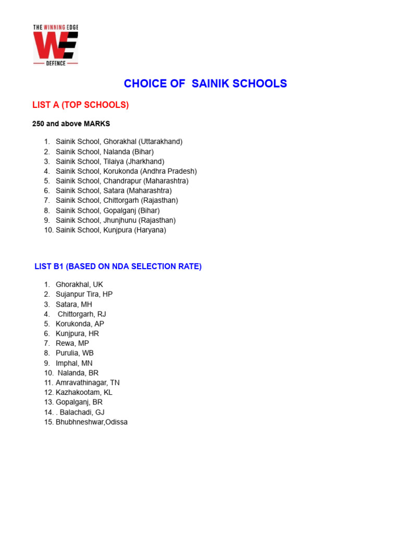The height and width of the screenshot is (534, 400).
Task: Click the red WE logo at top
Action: point(55,45)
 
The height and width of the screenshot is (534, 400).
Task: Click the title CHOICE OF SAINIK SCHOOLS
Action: point(205,83)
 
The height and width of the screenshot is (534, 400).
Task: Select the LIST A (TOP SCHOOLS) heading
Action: point(80,105)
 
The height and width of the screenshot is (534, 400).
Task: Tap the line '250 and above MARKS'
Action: point(71,124)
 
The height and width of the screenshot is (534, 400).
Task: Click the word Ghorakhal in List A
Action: point(120,141)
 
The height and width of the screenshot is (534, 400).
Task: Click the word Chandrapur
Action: point(122,181)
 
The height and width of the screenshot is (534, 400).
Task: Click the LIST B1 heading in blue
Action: point(118,266)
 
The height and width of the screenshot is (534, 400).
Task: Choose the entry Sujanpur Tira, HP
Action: point(84,294)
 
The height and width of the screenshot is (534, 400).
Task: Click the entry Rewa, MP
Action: point(72,343)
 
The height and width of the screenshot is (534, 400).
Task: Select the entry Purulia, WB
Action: point(74,353)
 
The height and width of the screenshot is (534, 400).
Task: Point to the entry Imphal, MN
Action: point(74,363)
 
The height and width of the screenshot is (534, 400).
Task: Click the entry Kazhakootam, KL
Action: point(84,392)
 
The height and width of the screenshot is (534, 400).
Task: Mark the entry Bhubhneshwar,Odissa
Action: point(92,422)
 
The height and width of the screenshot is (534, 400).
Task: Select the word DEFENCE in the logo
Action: point(55,64)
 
